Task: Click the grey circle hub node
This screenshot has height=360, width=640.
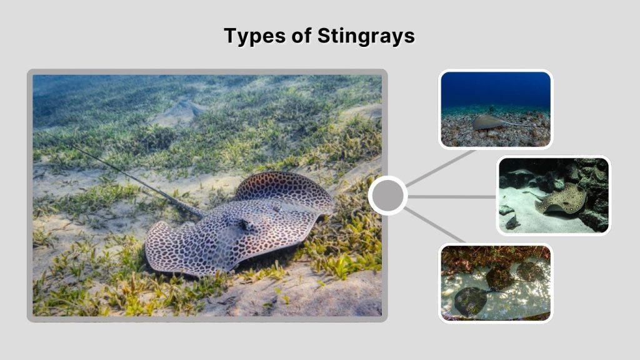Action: click(x=388, y=196)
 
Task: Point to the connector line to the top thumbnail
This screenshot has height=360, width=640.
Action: click(x=441, y=167)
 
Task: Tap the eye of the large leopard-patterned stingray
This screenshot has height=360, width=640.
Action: click(x=249, y=224)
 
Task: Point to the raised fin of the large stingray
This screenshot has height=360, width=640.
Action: click(x=284, y=187)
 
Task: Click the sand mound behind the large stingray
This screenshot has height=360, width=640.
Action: click(x=181, y=111)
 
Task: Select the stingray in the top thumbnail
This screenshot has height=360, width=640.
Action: click(x=488, y=122)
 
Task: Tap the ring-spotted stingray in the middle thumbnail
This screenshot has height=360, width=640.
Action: click(x=562, y=199)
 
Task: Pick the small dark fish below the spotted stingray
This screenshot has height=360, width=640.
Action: click(x=513, y=222)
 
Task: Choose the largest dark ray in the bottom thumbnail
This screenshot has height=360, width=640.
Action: click(x=470, y=301)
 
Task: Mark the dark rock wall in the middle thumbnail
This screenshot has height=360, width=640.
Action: click(x=594, y=181)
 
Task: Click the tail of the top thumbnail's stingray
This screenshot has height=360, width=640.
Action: click(x=519, y=125)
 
